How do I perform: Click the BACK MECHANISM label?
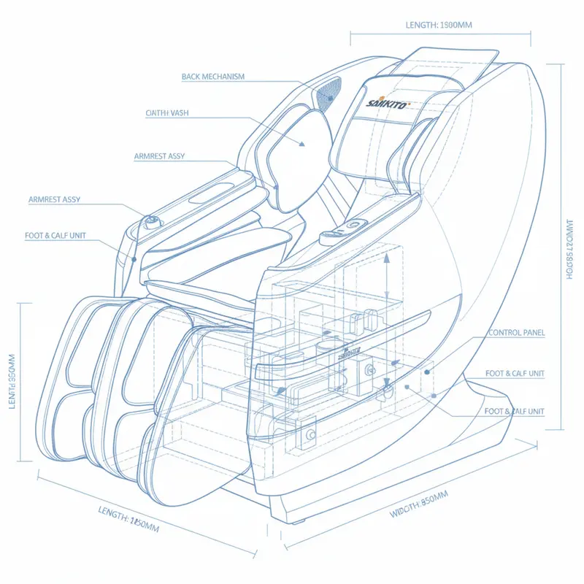tap(213, 77)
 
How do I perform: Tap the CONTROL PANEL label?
tap(517, 333)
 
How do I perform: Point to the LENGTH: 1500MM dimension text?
tap(439, 25)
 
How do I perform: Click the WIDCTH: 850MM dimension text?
tap(419, 504)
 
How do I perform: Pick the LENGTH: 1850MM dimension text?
tap(128, 519)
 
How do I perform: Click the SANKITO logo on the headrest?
tap(387, 103)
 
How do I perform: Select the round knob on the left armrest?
tap(153, 223)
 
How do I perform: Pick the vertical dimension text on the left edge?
tap(12, 381)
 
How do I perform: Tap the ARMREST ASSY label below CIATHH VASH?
tap(159, 156)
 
